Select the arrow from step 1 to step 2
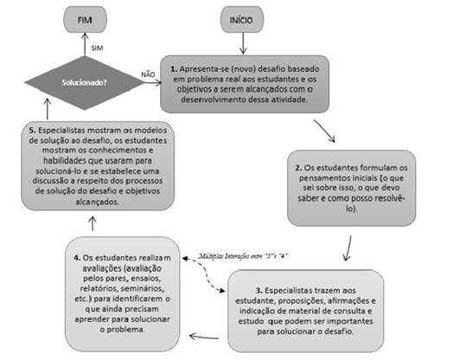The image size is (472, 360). pyautogui.click(x=328, y=129)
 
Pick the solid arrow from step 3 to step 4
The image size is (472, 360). pyautogui.click(x=208, y=332)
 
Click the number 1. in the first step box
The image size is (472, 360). pyautogui.click(x=175, y=67)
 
